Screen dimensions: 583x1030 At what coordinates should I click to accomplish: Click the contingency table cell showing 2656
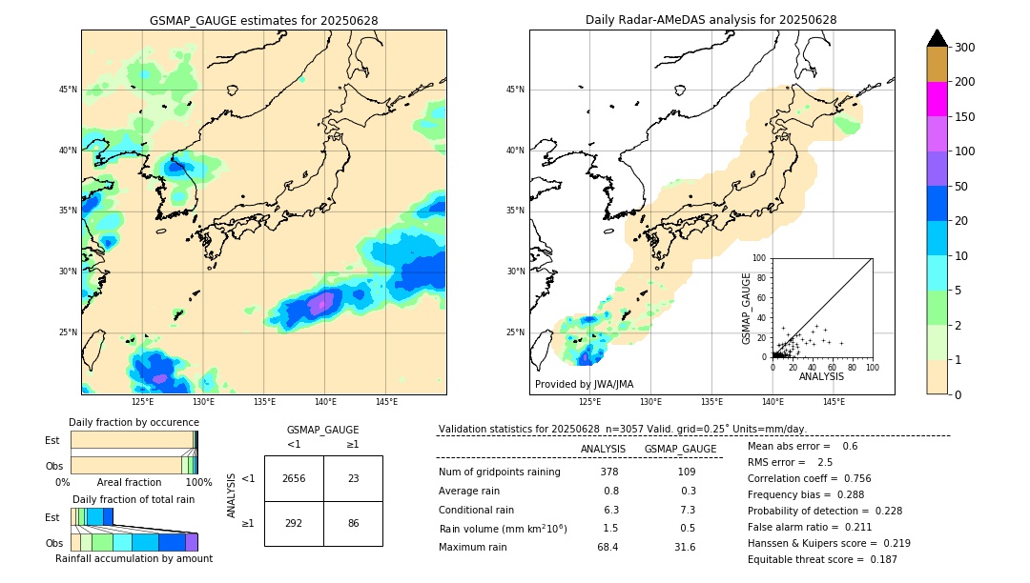click(x=294, y=478)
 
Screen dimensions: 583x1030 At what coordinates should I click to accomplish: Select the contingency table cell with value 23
click(x=353, y=478)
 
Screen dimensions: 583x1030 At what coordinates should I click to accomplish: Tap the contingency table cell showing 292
click(x=294, y=523)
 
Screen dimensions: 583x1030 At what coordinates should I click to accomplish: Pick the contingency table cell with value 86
click(x=353, y=523)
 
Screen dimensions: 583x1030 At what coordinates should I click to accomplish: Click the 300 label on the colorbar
click(x=965, y=48)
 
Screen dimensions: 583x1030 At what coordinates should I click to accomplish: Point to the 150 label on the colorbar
click(x=965, y=117)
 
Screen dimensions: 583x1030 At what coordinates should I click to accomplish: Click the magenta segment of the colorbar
click(x=937, y=99)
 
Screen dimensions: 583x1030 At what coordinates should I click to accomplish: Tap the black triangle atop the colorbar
click(x=937, y=38)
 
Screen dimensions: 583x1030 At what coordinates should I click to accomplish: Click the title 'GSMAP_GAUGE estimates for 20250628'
click(x=263, y=20)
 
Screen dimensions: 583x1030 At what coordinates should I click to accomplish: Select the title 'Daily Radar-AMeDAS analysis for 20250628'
click(x=711, y=20)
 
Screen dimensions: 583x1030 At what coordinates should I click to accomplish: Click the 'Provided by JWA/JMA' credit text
click(x=584, y=385)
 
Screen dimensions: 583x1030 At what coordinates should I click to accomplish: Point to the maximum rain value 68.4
click(x=608, y=547)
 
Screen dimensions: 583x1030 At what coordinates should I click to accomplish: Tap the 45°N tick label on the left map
click(x=68, y=90)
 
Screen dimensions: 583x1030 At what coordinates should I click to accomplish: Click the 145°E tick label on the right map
click(x=834, y=402)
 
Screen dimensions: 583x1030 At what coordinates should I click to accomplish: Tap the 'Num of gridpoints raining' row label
click(x=500, y=472)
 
